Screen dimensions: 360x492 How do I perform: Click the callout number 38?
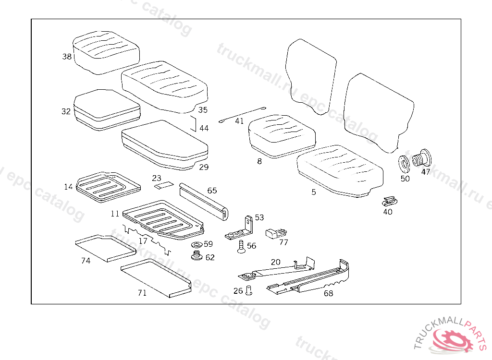tap(67, 57)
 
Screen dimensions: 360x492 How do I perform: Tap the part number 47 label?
tap(426, 172)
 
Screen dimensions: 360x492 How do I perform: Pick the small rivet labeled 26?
tap(249, 290)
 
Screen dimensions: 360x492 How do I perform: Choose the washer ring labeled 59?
tap(196, 246)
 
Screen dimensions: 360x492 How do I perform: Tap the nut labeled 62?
tap(196, 256)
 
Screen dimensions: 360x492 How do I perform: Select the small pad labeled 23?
tap(164, 184)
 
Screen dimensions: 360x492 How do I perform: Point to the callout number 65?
tap(212, 191)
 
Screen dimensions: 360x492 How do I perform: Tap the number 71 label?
tap(142, 293)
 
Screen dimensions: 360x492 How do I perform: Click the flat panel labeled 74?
tap(106, 247)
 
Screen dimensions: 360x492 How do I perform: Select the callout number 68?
tap(328, 293)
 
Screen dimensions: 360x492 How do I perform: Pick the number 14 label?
tap(69, 186)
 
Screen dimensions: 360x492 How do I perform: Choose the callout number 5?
tap(314, 192)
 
